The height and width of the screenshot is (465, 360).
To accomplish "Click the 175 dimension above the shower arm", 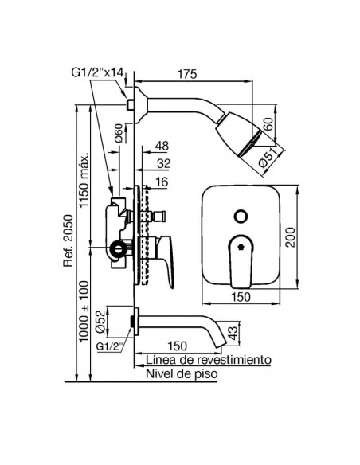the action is (x=187, y=74).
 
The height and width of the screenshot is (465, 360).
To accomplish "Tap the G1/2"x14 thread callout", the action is (x=97, y=72).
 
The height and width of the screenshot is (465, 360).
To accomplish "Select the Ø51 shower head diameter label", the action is (x=268, y=159).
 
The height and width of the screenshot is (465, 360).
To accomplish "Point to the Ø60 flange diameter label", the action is (x=119, y=134).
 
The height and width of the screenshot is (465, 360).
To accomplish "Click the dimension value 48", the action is (x=162, y=147).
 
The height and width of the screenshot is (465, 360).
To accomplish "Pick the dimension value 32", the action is (x=164, y=163).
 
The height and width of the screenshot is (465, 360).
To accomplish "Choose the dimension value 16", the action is (x=162, y=182).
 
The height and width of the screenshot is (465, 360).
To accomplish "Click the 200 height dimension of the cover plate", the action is (x=291, y=237).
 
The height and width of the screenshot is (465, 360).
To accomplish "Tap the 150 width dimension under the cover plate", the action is (x=241, y=297).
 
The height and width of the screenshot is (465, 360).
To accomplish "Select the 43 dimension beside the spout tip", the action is (x=233, y=333).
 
